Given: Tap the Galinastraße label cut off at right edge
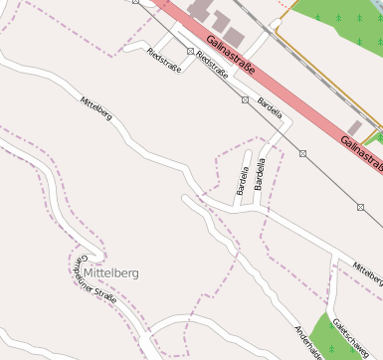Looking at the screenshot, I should (360, 150).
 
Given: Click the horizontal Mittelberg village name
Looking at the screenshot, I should (111, 271).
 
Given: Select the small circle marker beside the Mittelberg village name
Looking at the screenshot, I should (79, 271).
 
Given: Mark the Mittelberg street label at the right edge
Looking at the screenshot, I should (366, 270).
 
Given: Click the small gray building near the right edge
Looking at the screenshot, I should (354, 128).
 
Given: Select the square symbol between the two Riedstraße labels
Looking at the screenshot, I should (189, 51).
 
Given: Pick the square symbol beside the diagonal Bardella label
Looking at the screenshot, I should (245, 99).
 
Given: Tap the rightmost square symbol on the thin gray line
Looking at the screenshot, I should (360, 207).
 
